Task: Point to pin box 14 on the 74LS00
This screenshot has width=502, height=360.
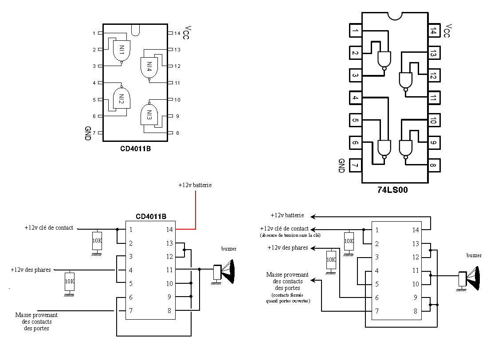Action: tap(434, 31)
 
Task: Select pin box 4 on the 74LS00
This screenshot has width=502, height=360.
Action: tap(355, 98)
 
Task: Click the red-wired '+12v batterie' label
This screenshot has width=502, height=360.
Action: tap(195, 185)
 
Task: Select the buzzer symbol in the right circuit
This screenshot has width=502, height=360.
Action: tap(471, 278)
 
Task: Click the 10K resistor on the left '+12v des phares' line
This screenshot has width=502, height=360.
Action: tap(69, 282)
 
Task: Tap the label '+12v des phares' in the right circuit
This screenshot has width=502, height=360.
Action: tap(288, 248)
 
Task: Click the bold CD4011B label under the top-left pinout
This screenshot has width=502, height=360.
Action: tap(135, 149)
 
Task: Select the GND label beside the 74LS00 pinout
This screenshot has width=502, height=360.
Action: tap(341, 165)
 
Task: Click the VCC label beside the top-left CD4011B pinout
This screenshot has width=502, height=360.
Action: tap(186, 32)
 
